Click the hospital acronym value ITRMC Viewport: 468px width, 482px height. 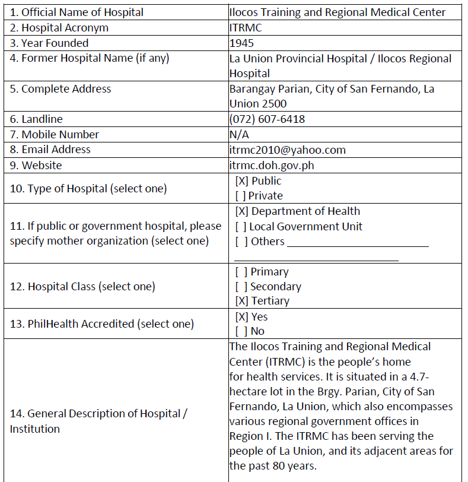point(246,28)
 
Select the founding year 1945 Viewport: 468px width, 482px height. point(241,43)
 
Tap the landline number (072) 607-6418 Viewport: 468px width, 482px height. point(267,119)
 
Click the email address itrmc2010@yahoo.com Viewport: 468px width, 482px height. point(287,150)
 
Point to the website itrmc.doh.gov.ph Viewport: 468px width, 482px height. point(272,165)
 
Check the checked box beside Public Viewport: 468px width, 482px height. point(241,181)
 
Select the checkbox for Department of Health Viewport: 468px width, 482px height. point(241,211)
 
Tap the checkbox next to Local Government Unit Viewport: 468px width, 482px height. point(241,227)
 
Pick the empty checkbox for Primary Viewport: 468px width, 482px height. point(241,272)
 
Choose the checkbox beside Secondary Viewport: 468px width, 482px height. point(241,287)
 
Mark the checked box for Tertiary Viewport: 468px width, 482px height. point(241,301)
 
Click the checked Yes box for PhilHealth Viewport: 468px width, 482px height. point(241,317)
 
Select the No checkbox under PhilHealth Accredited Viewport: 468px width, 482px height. point(241,331)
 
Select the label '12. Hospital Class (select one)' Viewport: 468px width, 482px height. point(82,287)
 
